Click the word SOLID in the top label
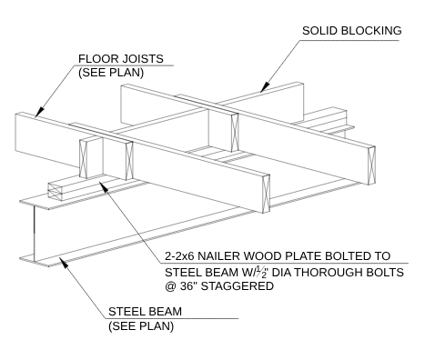(x=320, y=32)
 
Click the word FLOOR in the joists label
(x=99, y=61)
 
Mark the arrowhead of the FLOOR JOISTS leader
(x=36, y=115)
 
